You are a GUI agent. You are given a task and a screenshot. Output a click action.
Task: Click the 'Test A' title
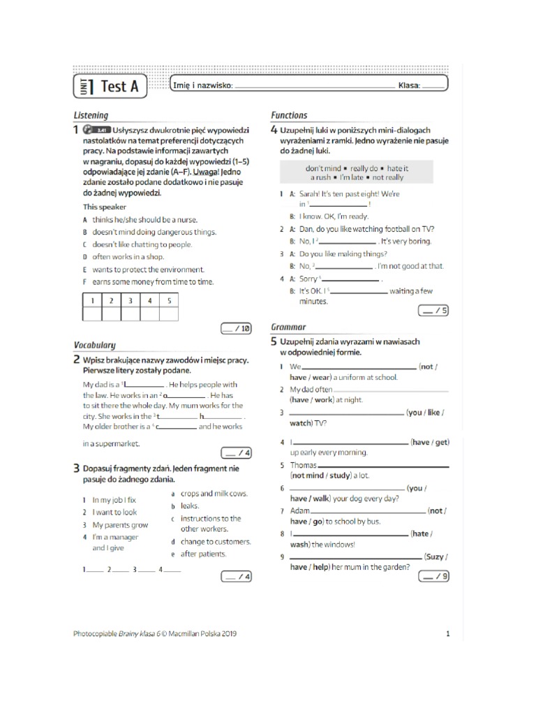(119, 86)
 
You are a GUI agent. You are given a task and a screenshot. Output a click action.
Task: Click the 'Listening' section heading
(91, 115)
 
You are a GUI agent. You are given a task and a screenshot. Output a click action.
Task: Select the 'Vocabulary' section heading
(94, 345)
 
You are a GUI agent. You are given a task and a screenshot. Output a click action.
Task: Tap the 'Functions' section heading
(288, 115)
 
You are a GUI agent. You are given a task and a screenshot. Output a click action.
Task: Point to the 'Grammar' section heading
(288, 327)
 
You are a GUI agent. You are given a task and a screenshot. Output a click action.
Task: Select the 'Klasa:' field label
(409, 86)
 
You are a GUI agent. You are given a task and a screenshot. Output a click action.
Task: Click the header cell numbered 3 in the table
(130, 301)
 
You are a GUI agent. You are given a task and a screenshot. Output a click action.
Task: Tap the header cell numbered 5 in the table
(168, 301)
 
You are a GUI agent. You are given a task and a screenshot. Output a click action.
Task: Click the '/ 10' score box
(235, 327)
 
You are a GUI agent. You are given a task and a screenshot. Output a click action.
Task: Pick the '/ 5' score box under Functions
(433, 311)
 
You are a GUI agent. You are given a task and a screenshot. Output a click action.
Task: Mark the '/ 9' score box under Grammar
(433, 576)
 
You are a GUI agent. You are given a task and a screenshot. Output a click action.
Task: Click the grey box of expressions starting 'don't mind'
(357, 173)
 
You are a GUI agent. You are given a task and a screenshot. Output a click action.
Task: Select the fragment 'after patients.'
(203, 554)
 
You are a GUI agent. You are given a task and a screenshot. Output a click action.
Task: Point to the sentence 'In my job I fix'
(114, 500)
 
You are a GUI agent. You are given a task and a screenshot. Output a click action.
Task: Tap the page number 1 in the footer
(447, 634)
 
